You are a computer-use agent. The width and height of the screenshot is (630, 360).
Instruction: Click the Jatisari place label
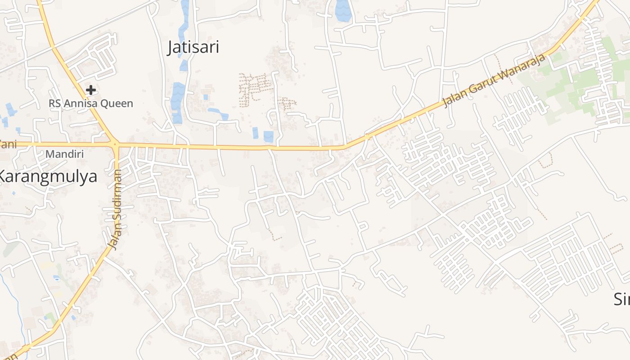[193, 47]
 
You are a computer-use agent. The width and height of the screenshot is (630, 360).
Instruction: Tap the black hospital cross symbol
[91, 90]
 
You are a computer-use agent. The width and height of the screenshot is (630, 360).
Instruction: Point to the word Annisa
[84, 103]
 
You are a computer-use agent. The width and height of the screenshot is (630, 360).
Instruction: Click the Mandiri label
[65, 154]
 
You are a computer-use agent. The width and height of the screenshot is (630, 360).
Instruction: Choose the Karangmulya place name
[48, 176]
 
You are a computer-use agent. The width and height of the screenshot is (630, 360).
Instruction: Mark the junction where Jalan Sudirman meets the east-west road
[116, 144]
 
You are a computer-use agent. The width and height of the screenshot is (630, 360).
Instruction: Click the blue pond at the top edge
[343, 10]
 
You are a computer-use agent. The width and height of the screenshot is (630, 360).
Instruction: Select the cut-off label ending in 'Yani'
[6, 144]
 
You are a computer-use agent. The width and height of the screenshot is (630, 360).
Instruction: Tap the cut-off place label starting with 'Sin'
[622, 299]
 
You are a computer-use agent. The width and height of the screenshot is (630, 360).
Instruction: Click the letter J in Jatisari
[171, 47]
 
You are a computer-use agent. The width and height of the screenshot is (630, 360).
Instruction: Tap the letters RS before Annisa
[54, 103]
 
